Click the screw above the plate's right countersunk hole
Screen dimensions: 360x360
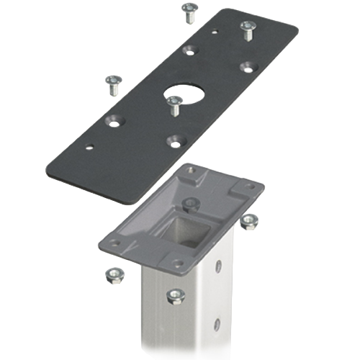(248, 29)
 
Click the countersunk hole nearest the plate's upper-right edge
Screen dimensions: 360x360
(248, 66)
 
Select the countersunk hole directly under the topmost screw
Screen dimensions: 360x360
(189, 50)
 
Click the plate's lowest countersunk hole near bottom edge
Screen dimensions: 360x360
(172, 140)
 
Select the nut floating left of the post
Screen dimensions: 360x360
(113, 274)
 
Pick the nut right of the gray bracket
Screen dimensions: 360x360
(249, 219)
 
